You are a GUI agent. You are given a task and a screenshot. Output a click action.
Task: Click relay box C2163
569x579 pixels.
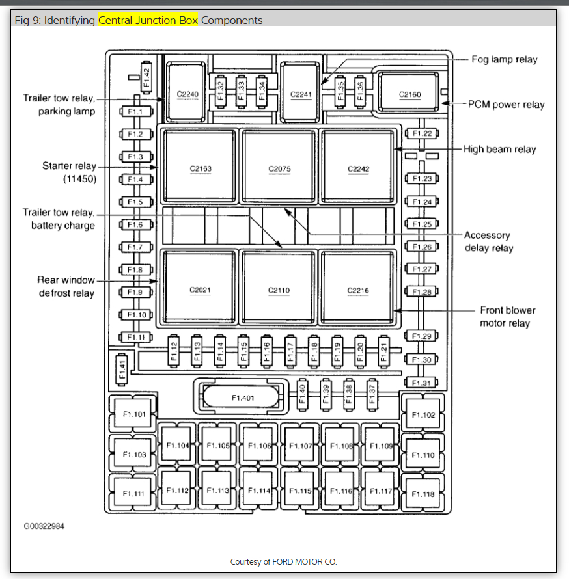201,165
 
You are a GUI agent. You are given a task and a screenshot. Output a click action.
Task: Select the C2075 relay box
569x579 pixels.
279,165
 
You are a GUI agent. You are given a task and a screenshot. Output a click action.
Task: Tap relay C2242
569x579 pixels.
358,165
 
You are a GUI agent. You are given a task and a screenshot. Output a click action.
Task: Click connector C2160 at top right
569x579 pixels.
410,94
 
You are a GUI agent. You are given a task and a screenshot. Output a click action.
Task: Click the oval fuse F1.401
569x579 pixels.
242,397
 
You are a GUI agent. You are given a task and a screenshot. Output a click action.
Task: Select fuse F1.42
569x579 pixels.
146,77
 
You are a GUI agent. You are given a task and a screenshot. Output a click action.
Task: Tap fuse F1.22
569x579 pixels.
423,134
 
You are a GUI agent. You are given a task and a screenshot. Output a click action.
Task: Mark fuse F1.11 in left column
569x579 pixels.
136,337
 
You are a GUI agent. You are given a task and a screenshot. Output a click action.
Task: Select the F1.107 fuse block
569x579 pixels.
300,446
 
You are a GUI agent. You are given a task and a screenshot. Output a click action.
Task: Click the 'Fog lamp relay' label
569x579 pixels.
505,59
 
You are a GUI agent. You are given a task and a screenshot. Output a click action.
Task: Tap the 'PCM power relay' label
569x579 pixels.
506,104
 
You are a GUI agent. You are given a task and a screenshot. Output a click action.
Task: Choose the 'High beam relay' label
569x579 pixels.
499,149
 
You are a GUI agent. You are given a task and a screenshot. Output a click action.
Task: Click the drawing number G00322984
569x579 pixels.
45,526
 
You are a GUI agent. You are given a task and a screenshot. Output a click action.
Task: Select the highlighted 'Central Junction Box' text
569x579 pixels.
148,20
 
